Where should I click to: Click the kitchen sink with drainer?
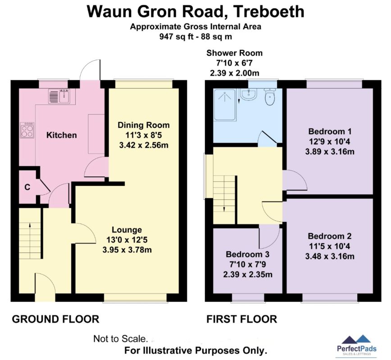point(59,96)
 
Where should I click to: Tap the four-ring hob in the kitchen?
point(27,130)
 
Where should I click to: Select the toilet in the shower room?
point(270,97)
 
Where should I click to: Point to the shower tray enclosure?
point(225,105)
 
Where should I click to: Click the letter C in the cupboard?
point(27,187)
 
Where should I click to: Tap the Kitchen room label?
point(62,135)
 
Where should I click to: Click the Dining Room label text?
point(144,125)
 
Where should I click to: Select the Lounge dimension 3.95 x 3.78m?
point(127,250)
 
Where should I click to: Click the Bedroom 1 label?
point(330,131)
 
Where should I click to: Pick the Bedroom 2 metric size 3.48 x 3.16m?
point(330,256)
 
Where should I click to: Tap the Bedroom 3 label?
point(248,254)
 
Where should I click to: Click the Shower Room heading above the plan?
point(234,53)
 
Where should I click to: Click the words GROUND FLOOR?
point(55,319)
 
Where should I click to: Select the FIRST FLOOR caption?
point(241,319)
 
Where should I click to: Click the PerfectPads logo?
point(357,345)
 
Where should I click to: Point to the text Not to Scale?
point(121,339)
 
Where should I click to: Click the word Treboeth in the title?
point(269,11)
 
